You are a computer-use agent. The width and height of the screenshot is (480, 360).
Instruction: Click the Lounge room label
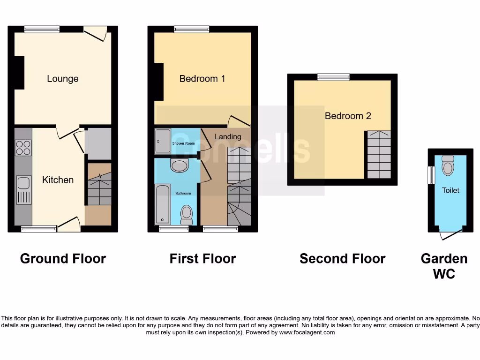(x=62, y=79)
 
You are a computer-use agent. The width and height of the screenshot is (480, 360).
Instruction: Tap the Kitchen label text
(x=58, y=180)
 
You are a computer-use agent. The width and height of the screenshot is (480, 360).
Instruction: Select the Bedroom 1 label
(x=202, y=79)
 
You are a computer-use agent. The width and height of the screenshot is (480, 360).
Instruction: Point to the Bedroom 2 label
(x=348, y=116)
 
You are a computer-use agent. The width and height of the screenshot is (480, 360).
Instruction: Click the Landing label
(x=228, y=137)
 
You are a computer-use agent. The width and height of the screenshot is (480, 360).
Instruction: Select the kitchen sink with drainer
(x=23, y=190)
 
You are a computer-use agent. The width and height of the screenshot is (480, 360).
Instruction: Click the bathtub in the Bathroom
(x=162, y=203)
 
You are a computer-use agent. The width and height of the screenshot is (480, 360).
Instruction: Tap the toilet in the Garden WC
(x=448, y=167)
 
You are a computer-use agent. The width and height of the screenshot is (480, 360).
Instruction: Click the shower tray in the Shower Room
(x=163, y=141)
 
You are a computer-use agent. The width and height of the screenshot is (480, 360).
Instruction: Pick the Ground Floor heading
(x=63, y=259)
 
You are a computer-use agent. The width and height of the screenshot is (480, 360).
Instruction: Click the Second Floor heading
(x=342, y=259)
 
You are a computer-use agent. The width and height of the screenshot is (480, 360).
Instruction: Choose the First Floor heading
(x=202, y=259)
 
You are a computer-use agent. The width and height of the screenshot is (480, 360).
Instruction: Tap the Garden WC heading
(x=444, y=266)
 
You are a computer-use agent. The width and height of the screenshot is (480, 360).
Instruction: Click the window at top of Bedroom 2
(x=333, y=77)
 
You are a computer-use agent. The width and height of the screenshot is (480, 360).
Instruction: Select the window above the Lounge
(x=42, y=29)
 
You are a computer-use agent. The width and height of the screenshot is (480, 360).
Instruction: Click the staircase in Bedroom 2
(x=379, y=155)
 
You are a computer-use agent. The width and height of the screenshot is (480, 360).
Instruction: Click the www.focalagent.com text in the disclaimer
(x=307, y=332)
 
